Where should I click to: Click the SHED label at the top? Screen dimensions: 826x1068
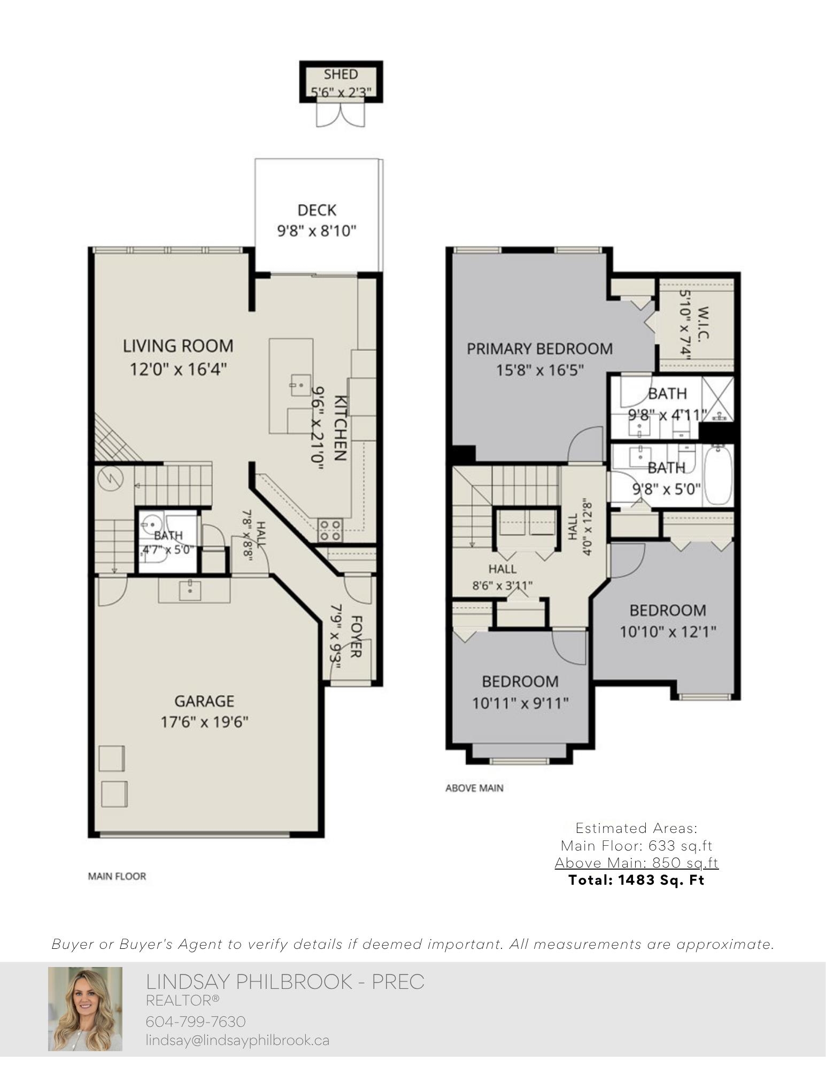click(341, 74)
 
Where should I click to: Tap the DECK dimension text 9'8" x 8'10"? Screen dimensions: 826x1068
click(316, 231)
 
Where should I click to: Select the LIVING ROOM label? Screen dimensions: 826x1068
click(178, 346)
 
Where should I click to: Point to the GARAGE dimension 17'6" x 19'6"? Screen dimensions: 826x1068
click(205, 722)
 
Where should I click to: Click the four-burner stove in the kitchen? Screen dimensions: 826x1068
click(329, 529)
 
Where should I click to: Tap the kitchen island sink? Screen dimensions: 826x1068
click(300, 385)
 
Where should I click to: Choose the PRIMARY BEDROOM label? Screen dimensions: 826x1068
click(539, 349)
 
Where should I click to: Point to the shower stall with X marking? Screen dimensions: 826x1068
click(717, 399)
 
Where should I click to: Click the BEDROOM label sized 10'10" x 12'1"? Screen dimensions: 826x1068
click(667, 610)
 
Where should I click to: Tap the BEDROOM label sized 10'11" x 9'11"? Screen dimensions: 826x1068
click(520, 681)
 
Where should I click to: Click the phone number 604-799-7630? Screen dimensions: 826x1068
click(196, 1022)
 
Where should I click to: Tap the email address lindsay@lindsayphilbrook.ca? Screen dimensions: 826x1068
click(237, 1040)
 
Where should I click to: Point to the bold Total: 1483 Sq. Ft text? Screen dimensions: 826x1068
click(636, 880)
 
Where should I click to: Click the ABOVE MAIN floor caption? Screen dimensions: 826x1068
click(474, 788)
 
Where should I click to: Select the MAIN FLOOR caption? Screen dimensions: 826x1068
click(117, 876)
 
